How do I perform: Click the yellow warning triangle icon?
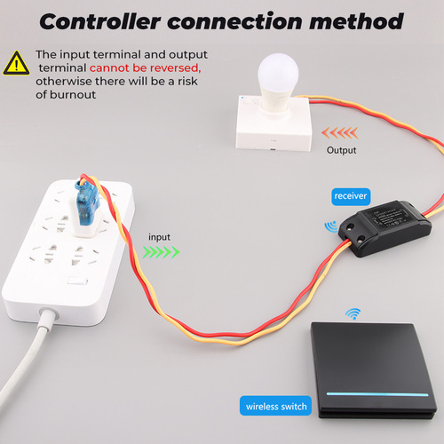tap(16, 62)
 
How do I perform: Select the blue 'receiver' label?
tap(351, 195)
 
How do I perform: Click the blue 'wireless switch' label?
tap(276, 408)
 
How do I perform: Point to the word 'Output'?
tap(341, 150)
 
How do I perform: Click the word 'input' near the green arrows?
tap(160, 237)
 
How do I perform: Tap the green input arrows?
tap(161, 252)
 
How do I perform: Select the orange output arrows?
tap(341, 132)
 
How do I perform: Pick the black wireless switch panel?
tap(373, 364)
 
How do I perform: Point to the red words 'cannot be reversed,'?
tap(144, 67)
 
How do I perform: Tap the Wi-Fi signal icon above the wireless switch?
tap(353, 314)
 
